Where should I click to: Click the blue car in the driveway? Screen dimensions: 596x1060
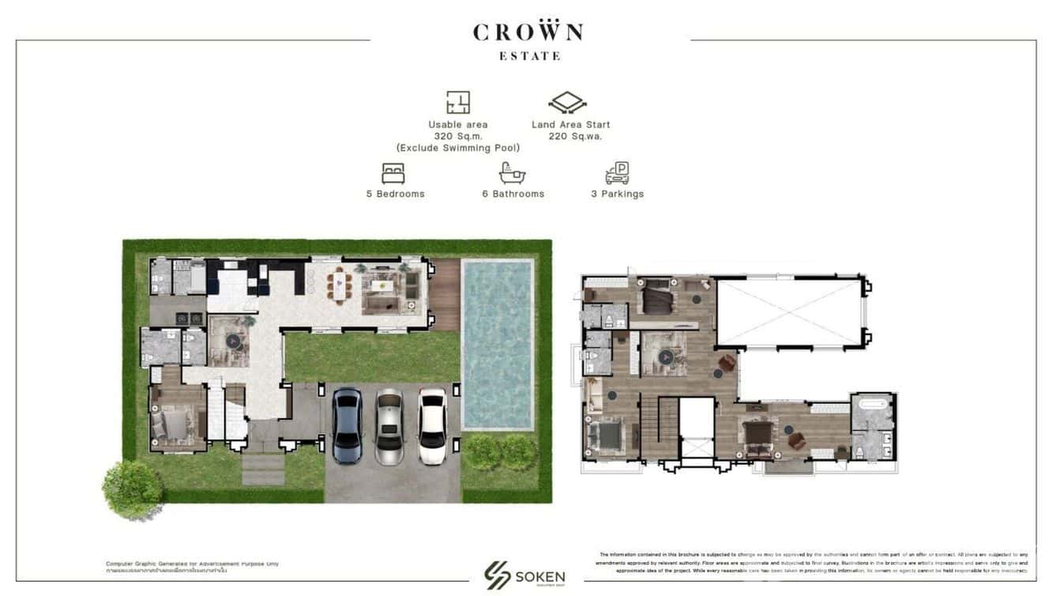coord(347,426)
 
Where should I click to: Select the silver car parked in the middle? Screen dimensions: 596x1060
coord(389,426)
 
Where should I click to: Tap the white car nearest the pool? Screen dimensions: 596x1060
coord(432,425)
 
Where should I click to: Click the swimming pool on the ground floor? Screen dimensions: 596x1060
coord(498,345)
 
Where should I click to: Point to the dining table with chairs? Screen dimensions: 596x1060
coord(340,285)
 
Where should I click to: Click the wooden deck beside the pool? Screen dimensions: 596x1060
coord(446,295)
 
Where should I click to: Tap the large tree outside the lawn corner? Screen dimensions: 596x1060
coord(133,488)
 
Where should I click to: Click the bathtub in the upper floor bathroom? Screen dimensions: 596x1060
coord(872,406)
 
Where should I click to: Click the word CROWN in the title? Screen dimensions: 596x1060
coord(528,32)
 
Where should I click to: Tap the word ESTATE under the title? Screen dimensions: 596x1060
coord(530,56)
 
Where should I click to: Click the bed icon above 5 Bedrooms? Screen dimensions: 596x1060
coord(393,173)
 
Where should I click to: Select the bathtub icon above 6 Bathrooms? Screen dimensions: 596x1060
coord(512,173)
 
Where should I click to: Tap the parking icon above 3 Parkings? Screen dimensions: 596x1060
coord(617,173)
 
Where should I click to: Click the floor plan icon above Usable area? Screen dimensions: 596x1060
coord(458,103)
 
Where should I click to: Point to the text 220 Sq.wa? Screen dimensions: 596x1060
coord(575,136)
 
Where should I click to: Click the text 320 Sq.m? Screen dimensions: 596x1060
coord(458,136)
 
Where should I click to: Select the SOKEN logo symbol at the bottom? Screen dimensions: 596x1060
coord(498,575)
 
